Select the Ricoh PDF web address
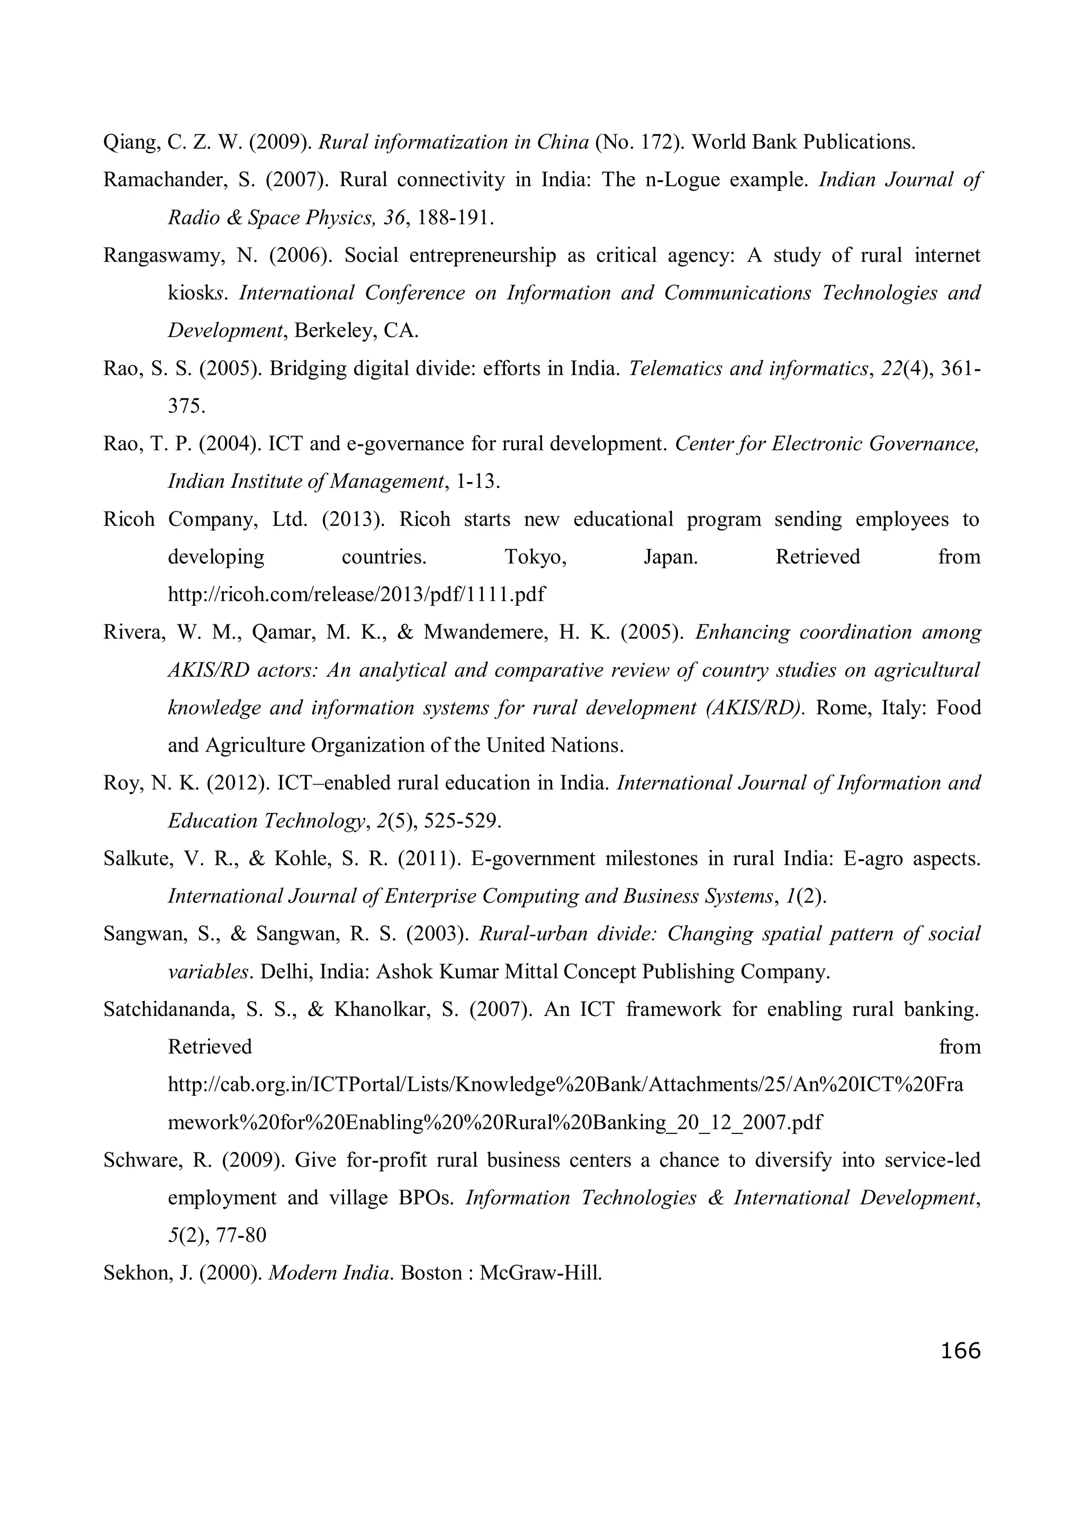coord(356,594)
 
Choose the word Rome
coord(843,707)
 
